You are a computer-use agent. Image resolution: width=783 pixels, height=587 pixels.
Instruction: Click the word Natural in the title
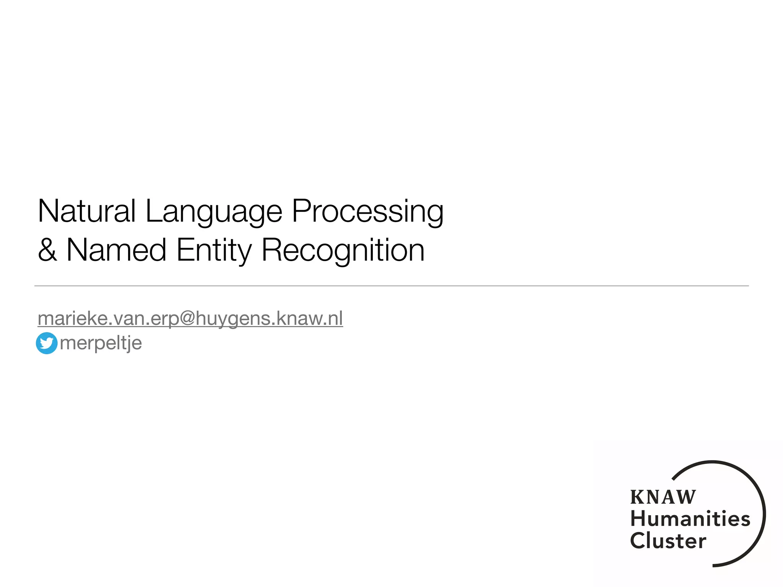(x=87, y=211)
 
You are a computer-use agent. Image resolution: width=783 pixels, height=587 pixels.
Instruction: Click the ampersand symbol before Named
(x=47, y=250)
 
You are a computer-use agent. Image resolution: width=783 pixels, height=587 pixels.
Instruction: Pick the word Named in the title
(x=116, y=250)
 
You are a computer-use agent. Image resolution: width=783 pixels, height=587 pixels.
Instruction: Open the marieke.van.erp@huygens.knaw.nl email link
(x=190, y=318)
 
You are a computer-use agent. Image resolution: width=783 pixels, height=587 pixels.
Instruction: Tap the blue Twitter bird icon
(x=47, y=343)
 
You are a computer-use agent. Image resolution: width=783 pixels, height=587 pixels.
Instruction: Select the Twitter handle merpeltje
(x=101, y=343)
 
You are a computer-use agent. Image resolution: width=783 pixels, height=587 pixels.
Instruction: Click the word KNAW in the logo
(x=663, y=497)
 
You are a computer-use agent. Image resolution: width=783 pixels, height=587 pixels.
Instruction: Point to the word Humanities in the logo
(x=690, y=519)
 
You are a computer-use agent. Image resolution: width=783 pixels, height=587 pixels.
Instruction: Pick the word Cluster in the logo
(x=668, y=541)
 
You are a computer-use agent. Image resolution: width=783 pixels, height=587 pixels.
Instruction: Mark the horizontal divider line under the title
(x=391, y=286)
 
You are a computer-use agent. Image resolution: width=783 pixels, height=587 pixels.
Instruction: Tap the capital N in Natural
(x=46, y=211)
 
